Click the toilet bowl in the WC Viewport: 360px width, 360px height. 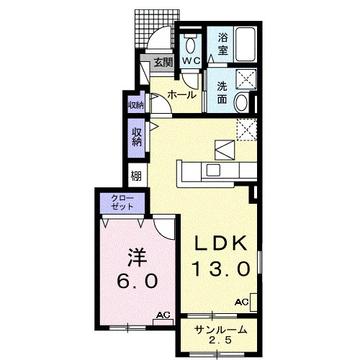(191, 45)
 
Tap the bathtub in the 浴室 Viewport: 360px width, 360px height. (245, 45)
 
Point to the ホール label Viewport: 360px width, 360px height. (181, 95)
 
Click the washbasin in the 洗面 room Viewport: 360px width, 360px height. (241, 103)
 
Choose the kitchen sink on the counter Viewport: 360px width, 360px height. (213, 170)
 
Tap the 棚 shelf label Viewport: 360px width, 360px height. (136, 176)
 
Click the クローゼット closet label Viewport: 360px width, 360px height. (122, 203)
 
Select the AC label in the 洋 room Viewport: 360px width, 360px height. (163, 315)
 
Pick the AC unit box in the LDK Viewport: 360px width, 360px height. (253, 302)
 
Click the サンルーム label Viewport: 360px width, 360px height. (221, 330)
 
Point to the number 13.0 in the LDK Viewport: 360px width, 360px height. (221, 269)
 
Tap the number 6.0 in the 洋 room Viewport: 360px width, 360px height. (138, 281)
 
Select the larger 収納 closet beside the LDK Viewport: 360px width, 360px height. (136, 138)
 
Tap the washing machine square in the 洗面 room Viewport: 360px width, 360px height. (246, 78)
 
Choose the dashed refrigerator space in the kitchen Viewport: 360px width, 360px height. (247, 130)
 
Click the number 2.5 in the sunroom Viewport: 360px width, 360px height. (220, 340)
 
